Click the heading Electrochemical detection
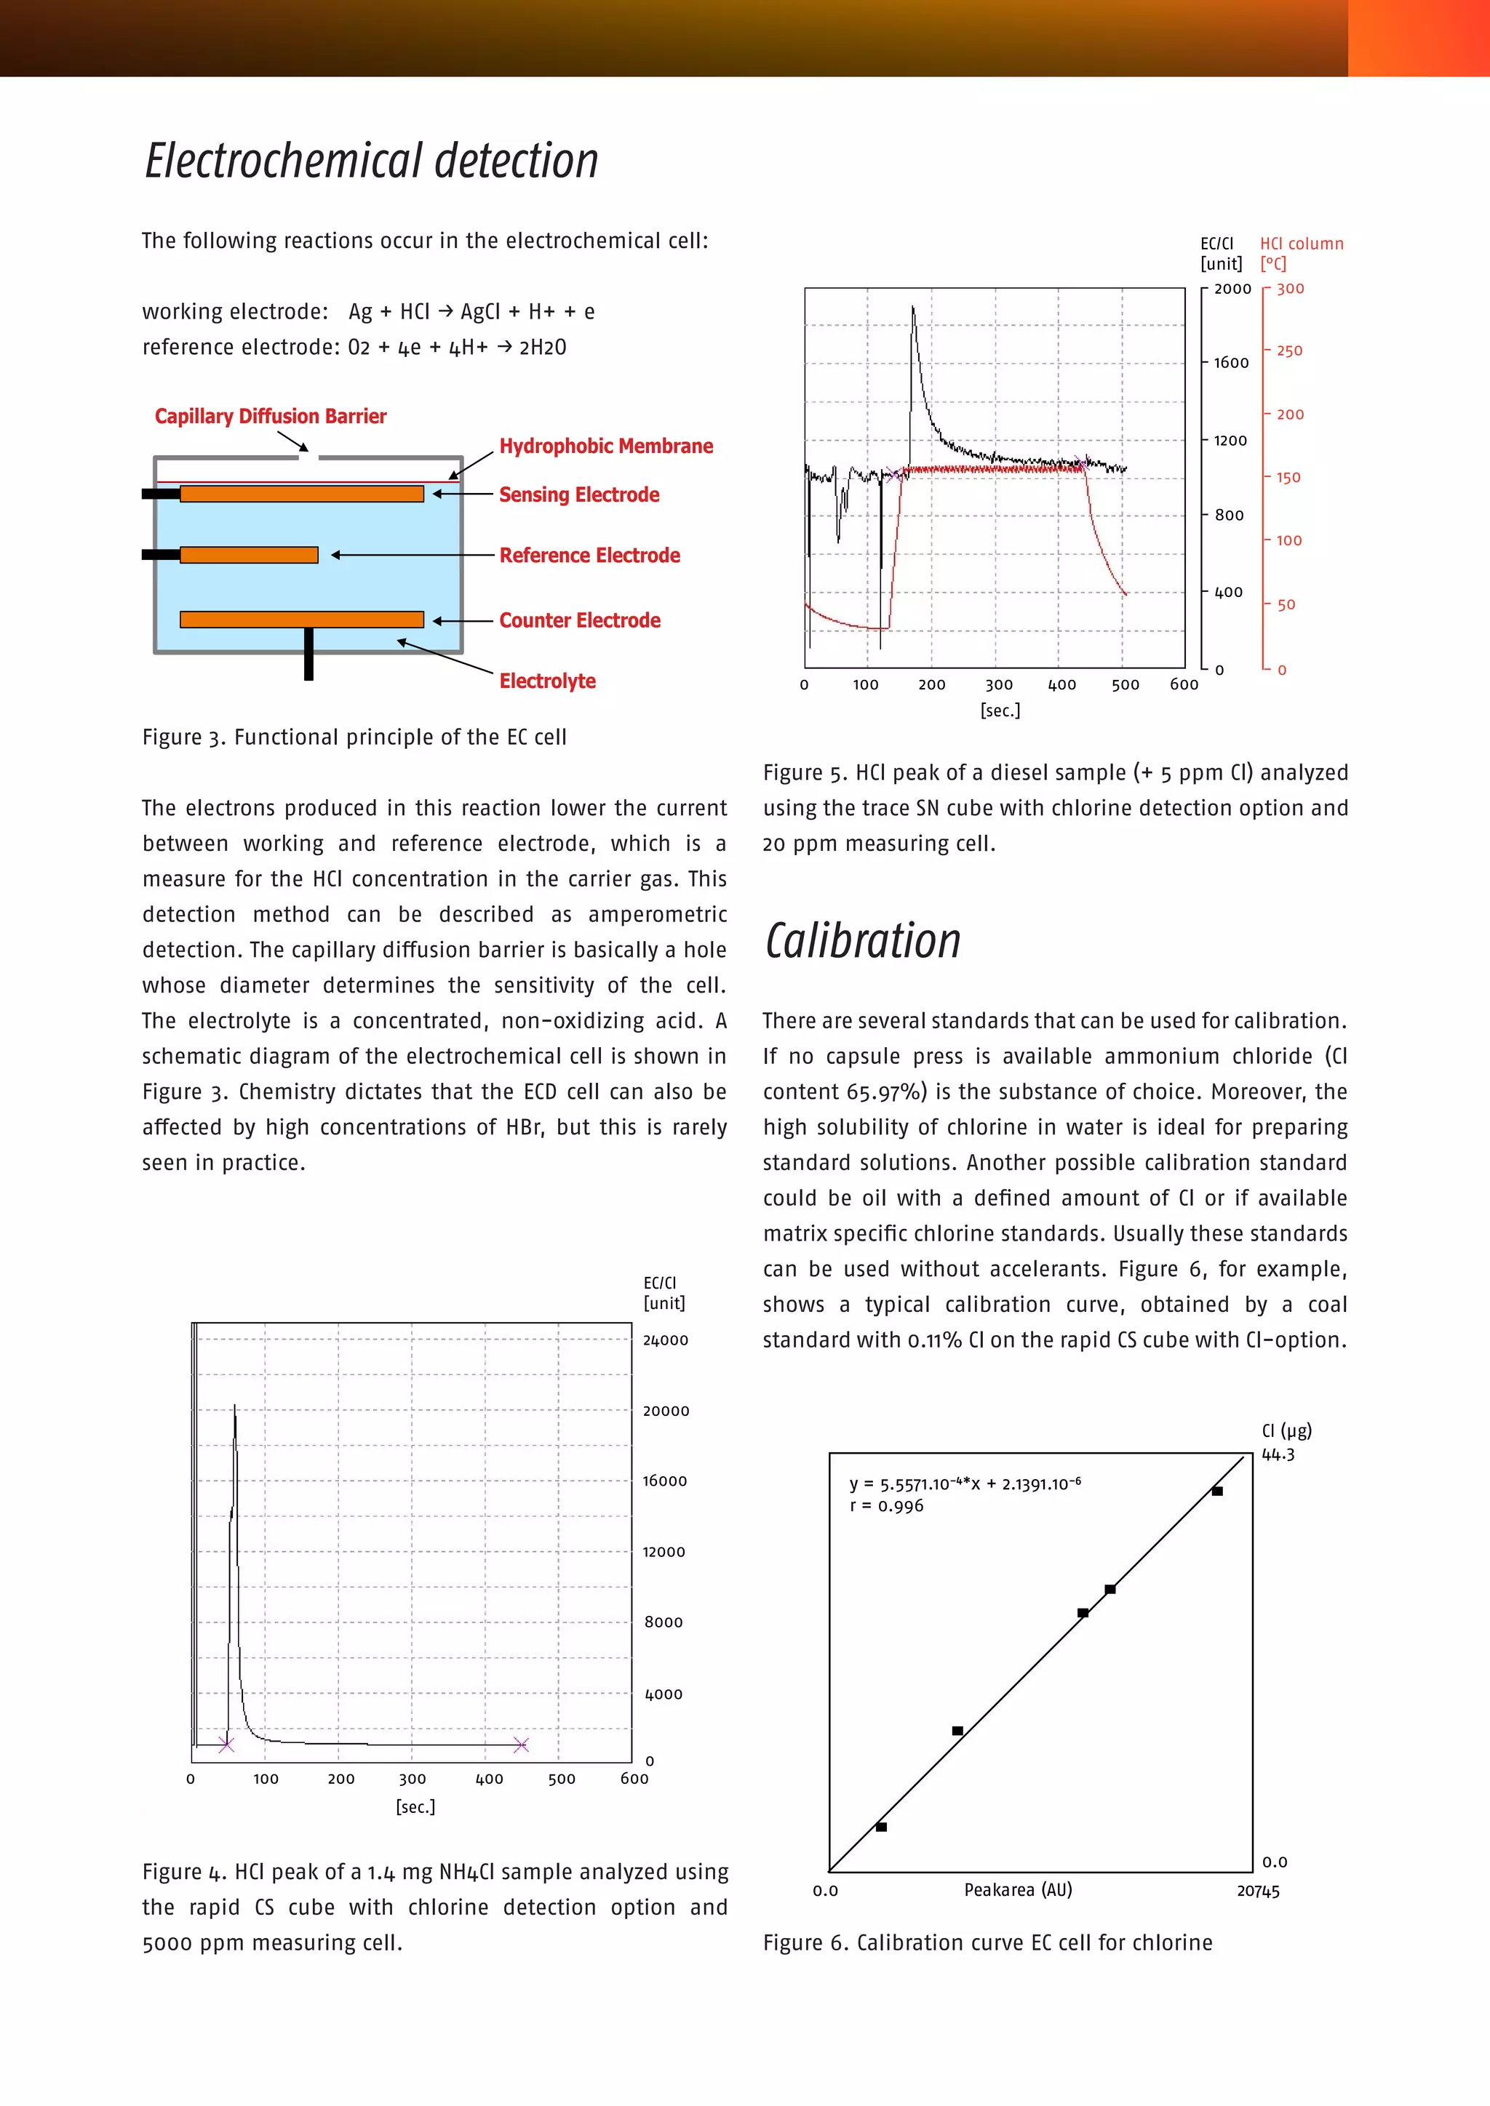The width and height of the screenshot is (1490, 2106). pos(372,161)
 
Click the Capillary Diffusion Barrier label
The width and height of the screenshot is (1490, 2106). pos(271,417)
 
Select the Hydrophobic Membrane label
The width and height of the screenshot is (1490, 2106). pos(605,447)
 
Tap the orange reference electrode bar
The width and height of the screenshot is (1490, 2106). pos(249,555)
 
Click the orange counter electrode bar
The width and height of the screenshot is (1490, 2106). pos(301,619)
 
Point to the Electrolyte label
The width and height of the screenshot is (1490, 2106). pos(547,681)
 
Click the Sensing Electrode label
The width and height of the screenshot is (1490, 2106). pos(579,495)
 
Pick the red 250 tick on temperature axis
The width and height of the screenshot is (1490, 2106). pos(1289,351)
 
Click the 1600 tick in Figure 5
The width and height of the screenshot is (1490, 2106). pos(1230,363)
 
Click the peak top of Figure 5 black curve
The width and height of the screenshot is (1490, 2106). pos(913,309)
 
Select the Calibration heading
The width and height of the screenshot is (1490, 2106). pos(862,941)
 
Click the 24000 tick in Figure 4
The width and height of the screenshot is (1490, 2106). pos(665,1340)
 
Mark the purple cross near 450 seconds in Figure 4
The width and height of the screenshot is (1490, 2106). pos(521,1745)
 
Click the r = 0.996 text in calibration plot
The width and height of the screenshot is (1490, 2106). pos(886,1506)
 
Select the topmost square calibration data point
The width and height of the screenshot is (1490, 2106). pos(1216,1491)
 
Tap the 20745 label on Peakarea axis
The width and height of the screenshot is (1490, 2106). pos(1258,1891)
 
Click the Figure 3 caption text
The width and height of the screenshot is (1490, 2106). pos(354,737)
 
